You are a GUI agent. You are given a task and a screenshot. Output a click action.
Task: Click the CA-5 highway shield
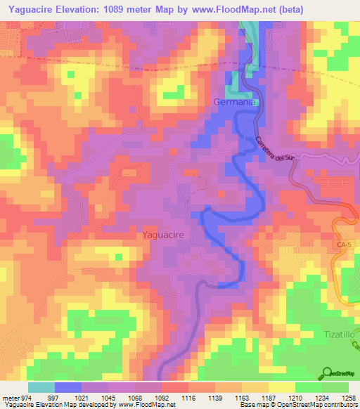[341, 244]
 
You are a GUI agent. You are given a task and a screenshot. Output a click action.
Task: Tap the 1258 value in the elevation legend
[347, 398]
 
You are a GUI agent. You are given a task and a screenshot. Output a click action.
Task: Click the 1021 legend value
[82, 398]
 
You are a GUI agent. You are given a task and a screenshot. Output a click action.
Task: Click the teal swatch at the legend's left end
[41, 387]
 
